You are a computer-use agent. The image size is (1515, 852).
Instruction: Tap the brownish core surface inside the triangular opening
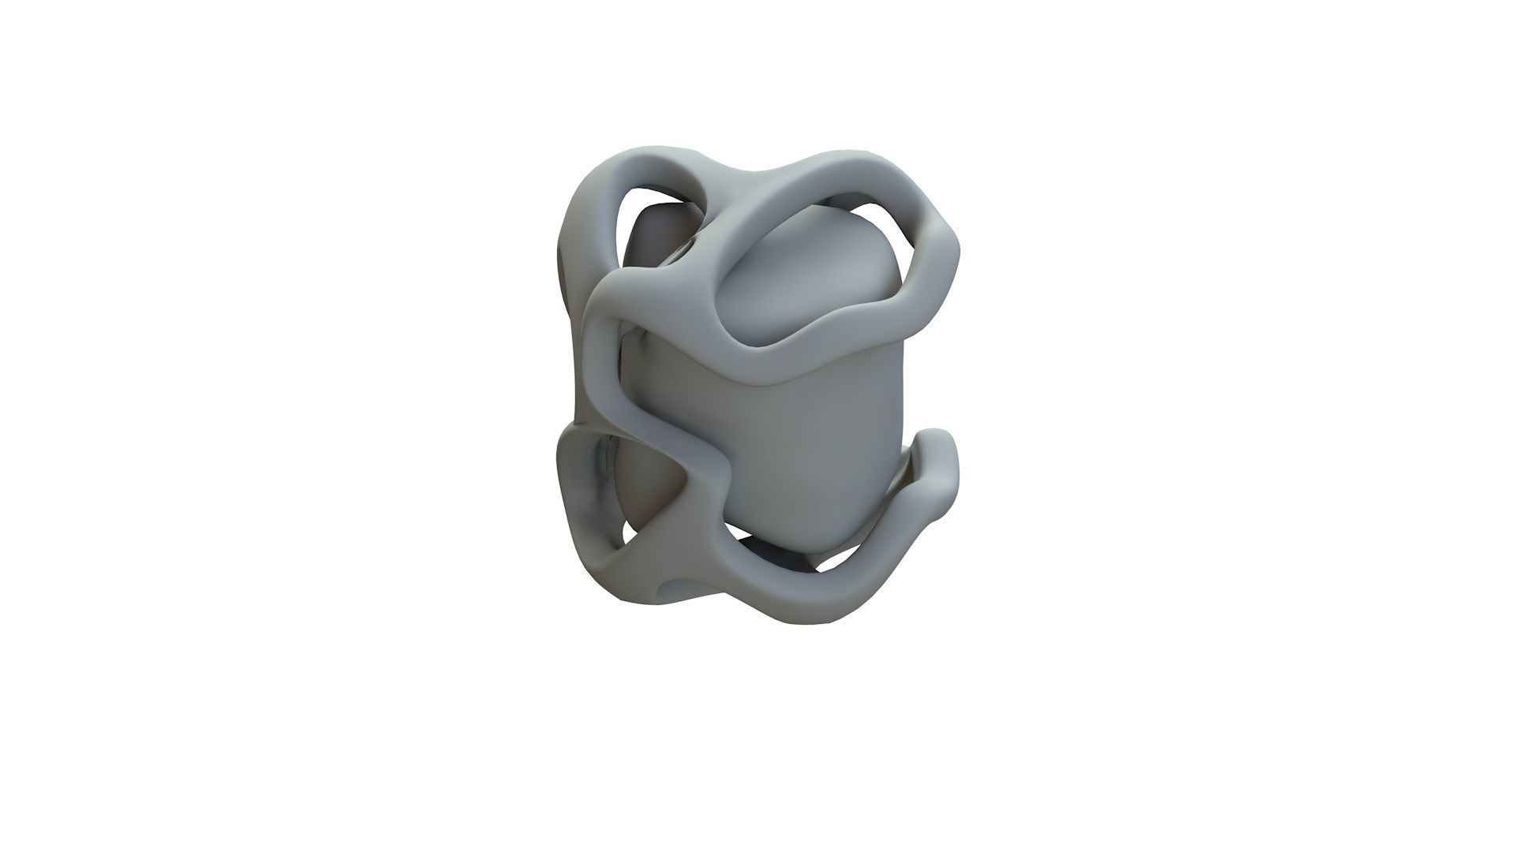(x=643, y=489)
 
